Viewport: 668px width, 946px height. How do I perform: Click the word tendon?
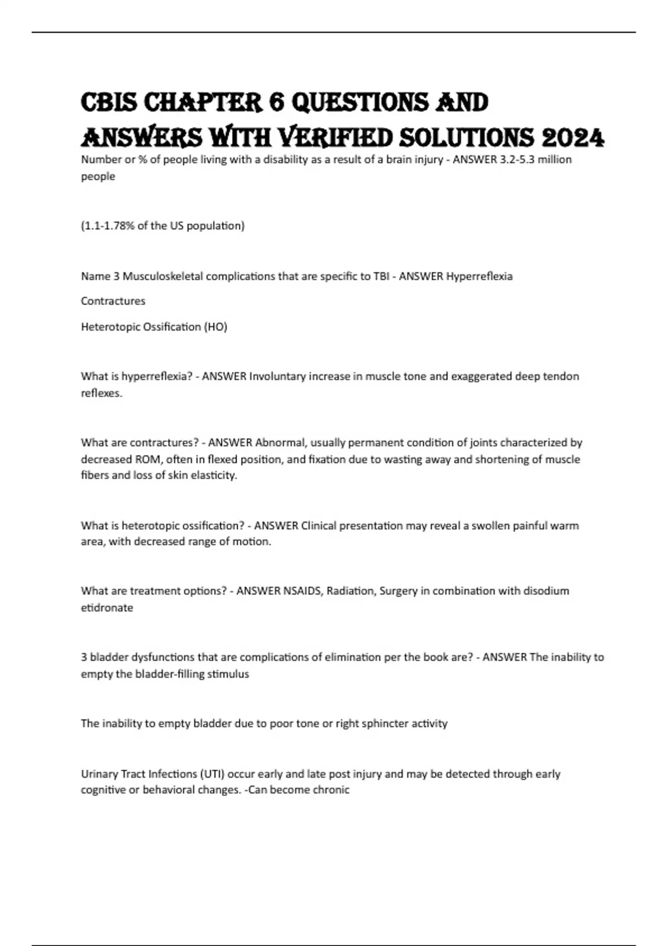pyautogui.click(x=561, y=376)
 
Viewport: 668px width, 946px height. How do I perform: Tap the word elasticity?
pyautogui.click(x=214, y=476)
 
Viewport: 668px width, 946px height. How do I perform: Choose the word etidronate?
pyautogui.click(x=107, y=608)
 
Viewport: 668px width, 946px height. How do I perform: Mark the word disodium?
pyautogui.click(x=543, y=591)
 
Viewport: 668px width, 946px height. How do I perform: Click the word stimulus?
pyautogui.click(x=228, y=674)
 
